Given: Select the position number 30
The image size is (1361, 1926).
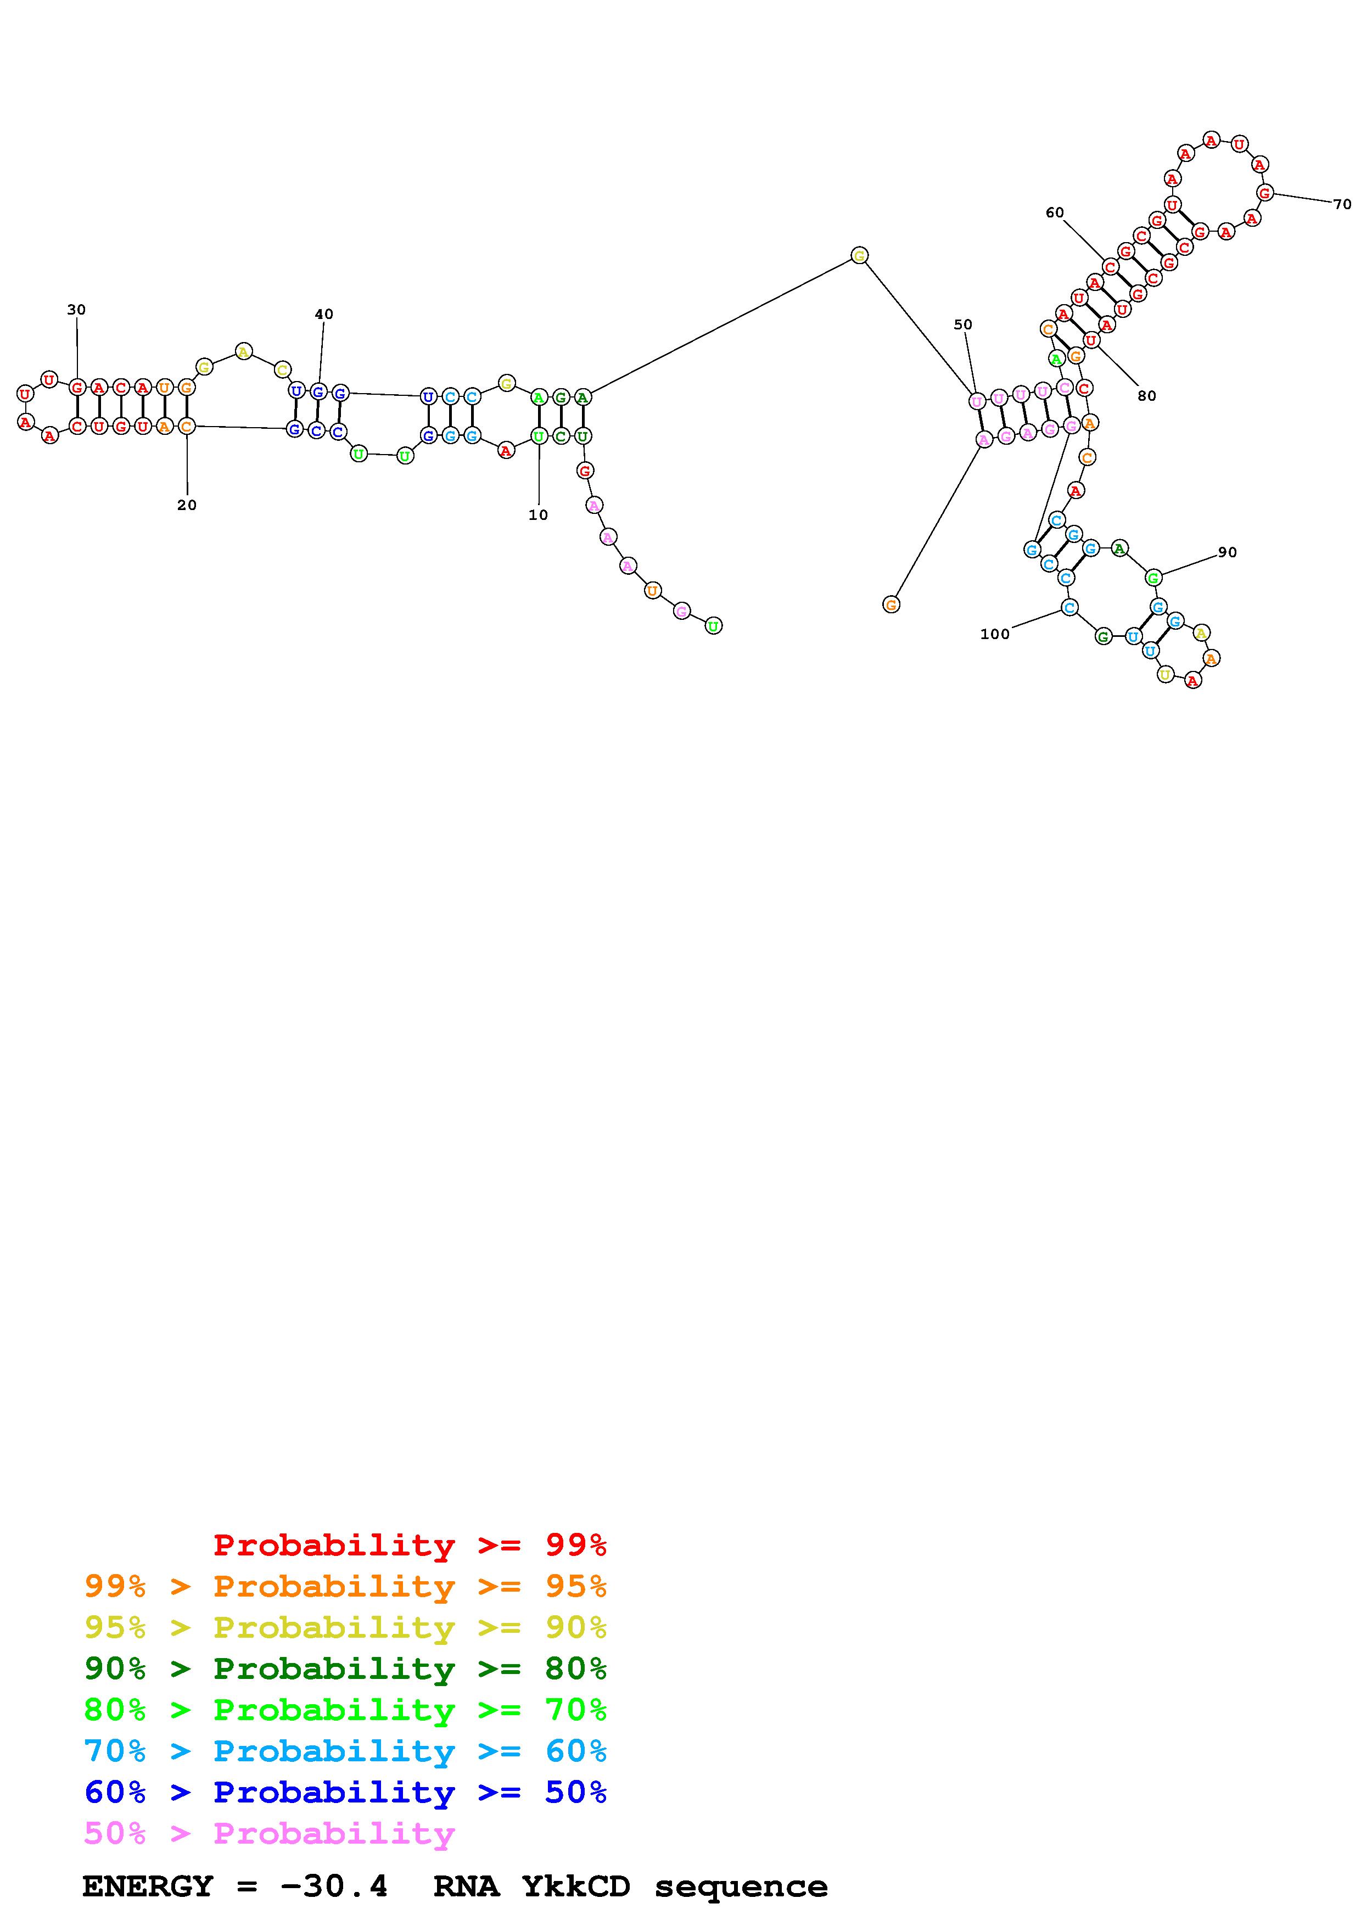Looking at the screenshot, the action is [76, 310].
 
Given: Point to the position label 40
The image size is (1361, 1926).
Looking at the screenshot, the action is [324, 315].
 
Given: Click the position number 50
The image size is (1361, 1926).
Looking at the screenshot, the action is [962, 324].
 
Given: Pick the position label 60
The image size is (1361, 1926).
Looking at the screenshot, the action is [1054, 213].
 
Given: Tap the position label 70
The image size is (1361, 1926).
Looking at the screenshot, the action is [1342, 204].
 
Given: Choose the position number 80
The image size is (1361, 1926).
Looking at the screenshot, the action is [1146, 396].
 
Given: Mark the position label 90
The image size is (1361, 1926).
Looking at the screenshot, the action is [1227, 552].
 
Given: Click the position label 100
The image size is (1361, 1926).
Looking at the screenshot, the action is [995, 634].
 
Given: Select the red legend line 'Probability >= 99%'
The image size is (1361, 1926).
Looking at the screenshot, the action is [410, 1544].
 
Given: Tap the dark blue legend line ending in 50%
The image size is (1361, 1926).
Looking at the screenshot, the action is [345, 1792].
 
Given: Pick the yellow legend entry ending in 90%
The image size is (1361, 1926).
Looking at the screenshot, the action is [345, 1627].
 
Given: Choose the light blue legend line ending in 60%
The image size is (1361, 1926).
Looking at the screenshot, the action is [345, 1751].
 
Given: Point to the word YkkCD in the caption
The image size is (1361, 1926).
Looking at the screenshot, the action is [575, 1886].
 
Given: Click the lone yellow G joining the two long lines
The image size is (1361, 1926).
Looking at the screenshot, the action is [859, 255].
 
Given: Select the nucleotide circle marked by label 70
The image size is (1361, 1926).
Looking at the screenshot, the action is [1264, 192].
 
